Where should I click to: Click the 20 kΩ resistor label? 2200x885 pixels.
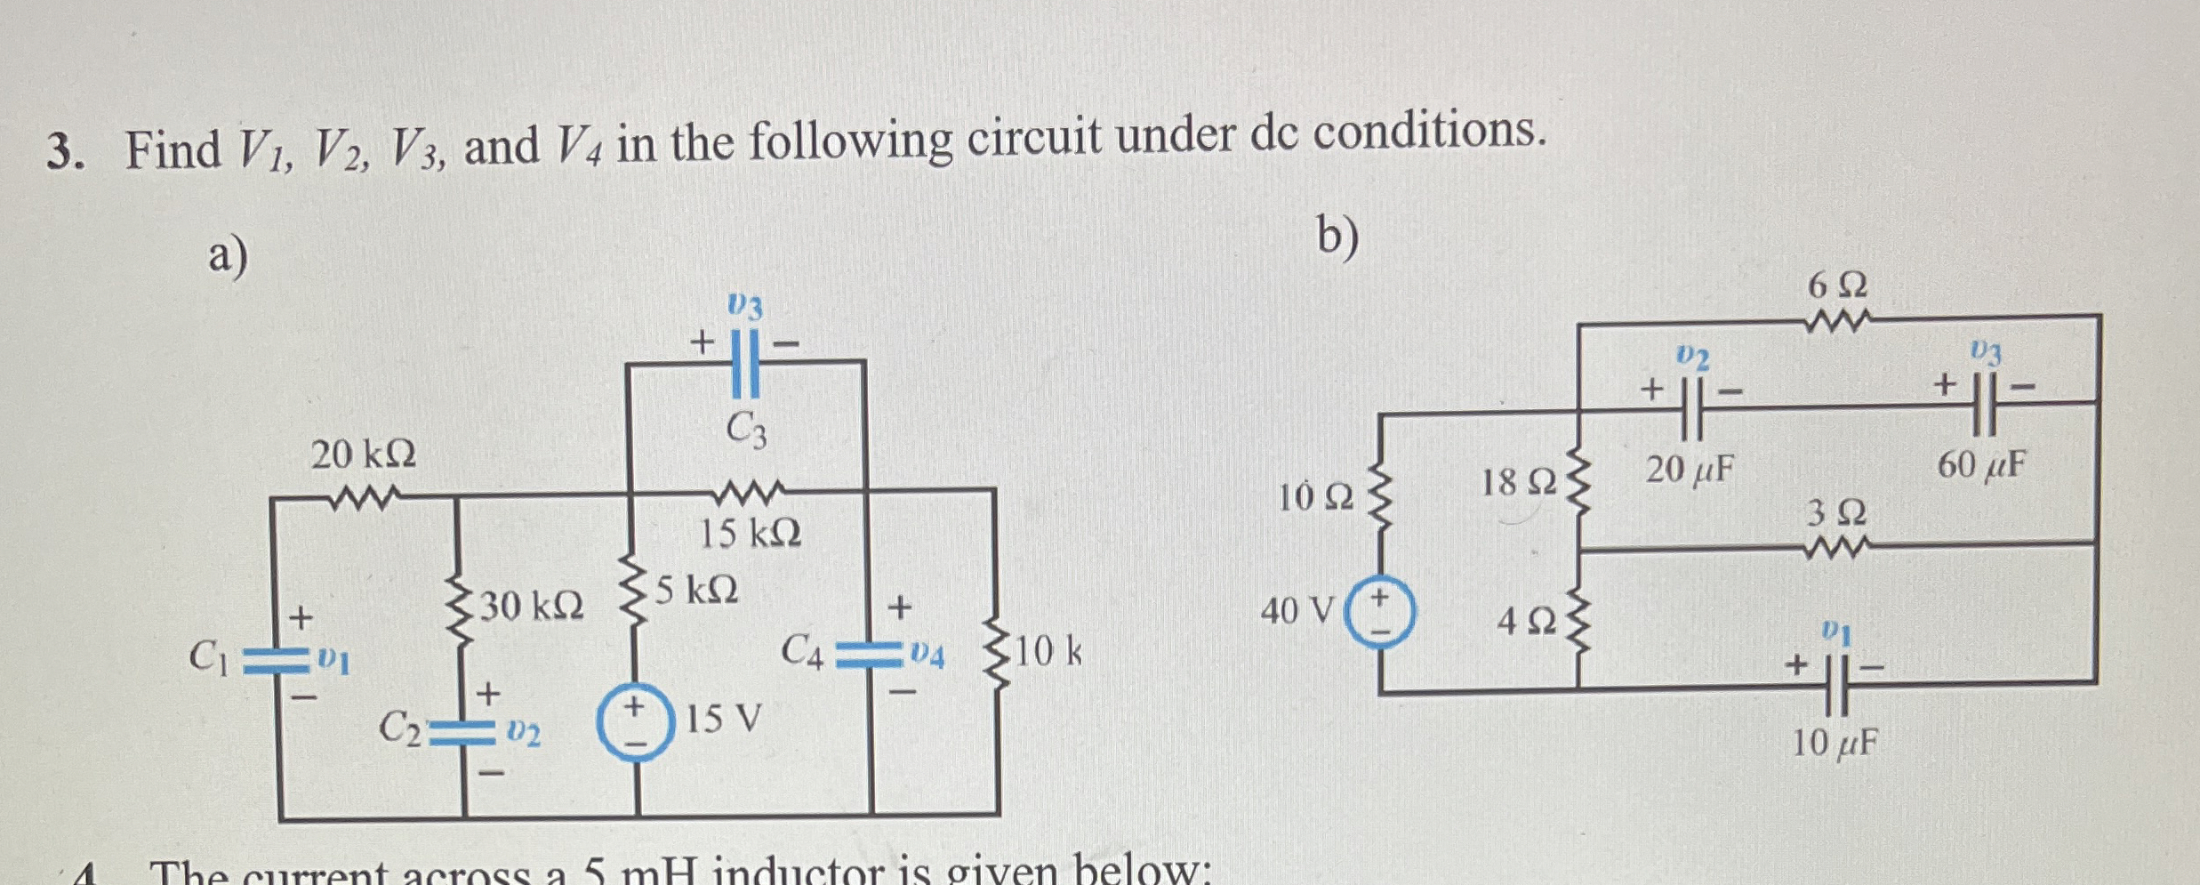tap(363, 456)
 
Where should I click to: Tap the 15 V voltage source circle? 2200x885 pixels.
tap(634, 721)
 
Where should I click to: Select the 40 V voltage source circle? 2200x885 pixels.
tap(1379, 611)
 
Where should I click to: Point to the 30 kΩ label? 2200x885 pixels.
tap(532, 607)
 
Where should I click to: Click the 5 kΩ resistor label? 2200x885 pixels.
tap(697, 590)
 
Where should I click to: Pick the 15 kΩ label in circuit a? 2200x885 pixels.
tap(750, 534)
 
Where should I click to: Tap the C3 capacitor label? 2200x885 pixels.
tap(746, 431)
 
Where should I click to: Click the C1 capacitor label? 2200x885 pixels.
tap(210, 657)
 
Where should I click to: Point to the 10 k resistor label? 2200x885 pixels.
tap(1048, 653)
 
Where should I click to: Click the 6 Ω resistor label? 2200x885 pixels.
tap(1837, 286)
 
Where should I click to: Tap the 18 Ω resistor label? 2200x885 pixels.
tap(1519, 483)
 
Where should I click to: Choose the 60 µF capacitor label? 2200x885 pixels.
tap(1982, 464)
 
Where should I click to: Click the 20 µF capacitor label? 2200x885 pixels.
tap(1689, 469)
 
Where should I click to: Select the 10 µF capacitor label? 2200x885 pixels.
tap(1835, 743)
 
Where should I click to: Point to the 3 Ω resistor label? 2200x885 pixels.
tap(1836, 514)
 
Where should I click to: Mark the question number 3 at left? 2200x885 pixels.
tap(64, 152)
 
